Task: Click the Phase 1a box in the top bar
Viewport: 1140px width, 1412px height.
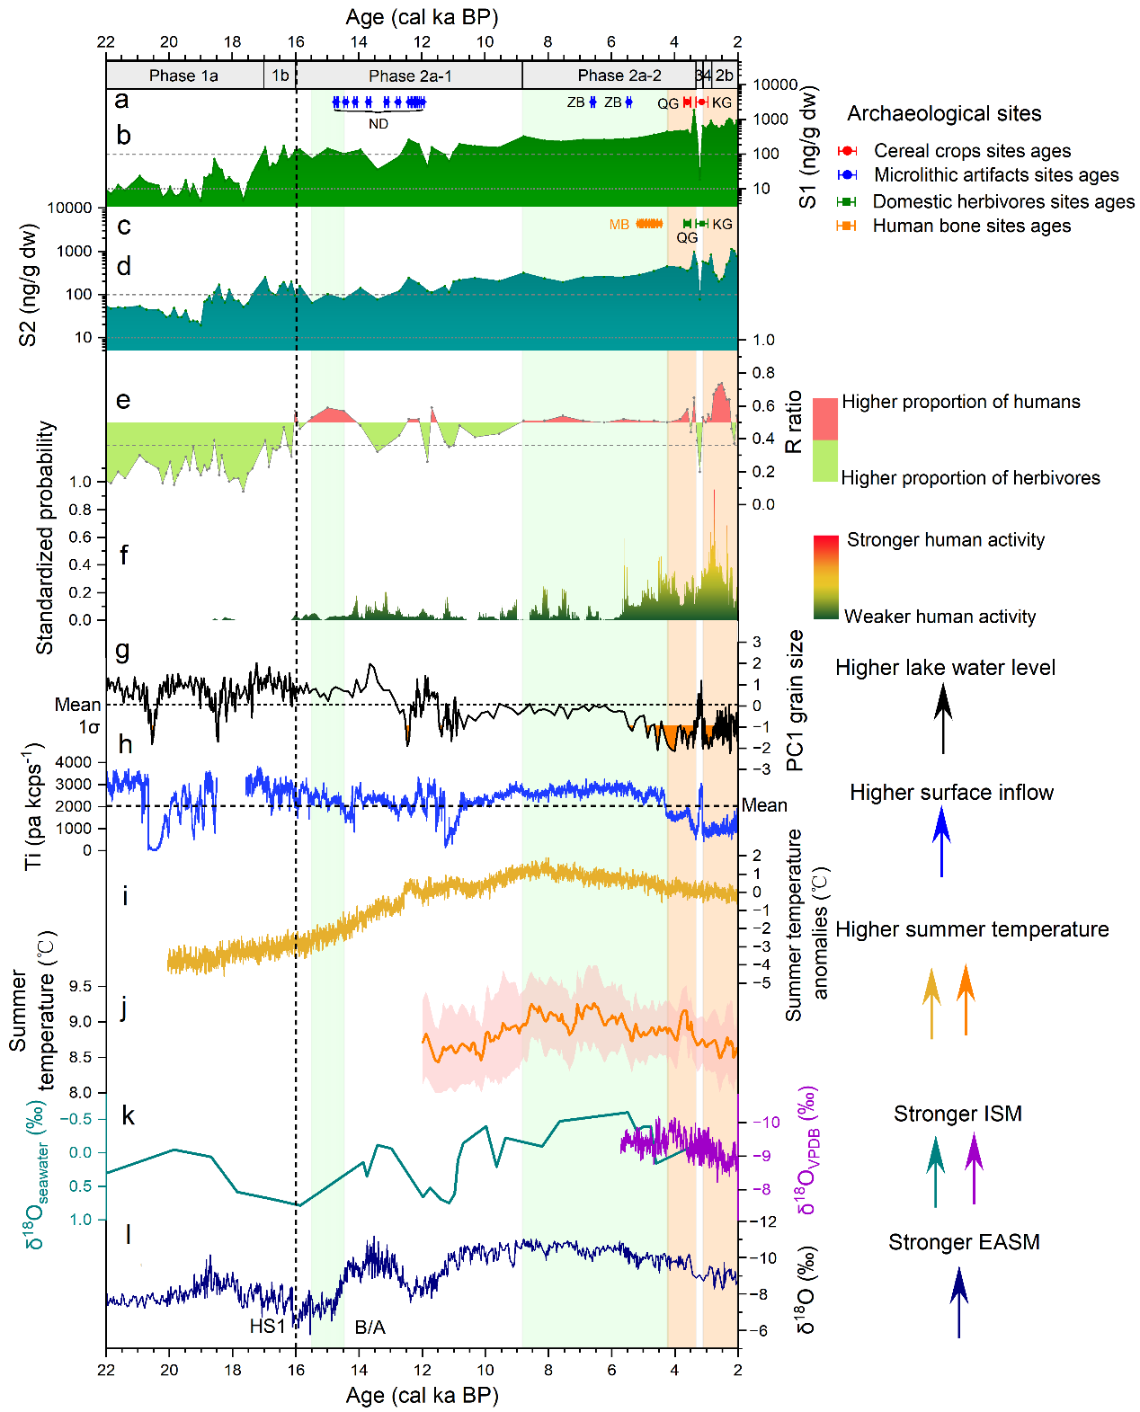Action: pos(184,75)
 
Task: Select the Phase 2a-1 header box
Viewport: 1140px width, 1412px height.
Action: pos(410,75)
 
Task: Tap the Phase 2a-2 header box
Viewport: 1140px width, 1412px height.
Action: pos(619,75)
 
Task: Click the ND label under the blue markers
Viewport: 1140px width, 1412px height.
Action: pos(379,124)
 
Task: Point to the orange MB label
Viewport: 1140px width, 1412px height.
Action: pos(619,225)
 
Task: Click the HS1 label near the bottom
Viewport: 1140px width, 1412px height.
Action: pos(267,1327)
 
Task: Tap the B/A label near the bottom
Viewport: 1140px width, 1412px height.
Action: pos(370,1328)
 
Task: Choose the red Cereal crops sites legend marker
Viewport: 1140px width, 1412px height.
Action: pos(847,151)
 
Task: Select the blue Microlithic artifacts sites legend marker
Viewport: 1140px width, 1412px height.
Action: pos(847,175)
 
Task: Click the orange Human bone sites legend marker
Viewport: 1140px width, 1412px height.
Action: pos(846,226)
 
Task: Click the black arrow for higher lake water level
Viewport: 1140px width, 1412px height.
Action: pos(942,717)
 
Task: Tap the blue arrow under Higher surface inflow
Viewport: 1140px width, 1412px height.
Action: pos(941,840)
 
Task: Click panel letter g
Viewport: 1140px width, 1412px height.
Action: pos(122,650)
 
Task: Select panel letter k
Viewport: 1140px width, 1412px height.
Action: pos(129,1115)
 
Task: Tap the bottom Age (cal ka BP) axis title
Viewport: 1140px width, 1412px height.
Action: pos(422,1395)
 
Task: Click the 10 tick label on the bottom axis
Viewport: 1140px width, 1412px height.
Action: pos(485,1370)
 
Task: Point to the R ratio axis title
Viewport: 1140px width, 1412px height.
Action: pos(793,422)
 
